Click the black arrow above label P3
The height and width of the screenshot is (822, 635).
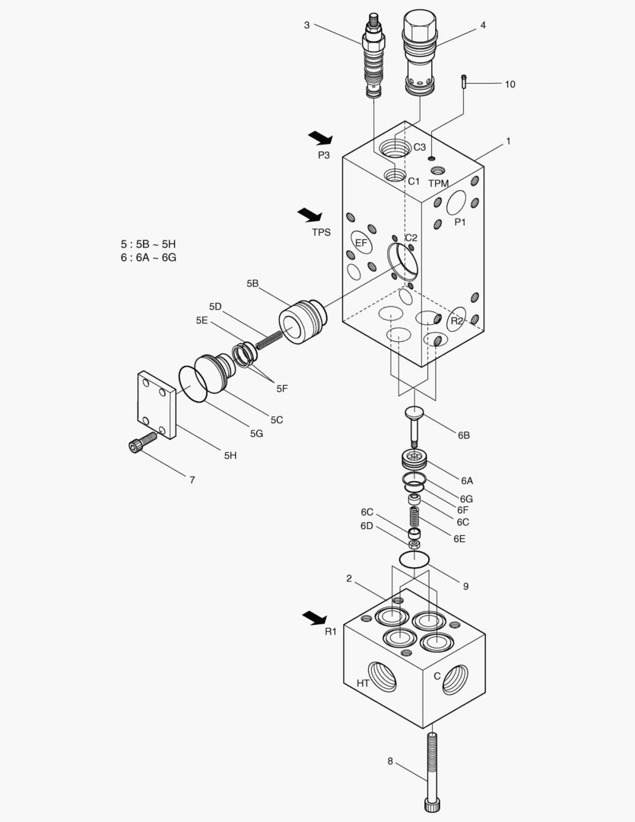click(x=320, y=138)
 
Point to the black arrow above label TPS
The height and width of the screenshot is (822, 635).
click(x=310, y=215)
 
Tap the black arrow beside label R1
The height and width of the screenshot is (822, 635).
click(x=314, y=617)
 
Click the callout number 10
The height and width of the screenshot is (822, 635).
click(x=510, y=84)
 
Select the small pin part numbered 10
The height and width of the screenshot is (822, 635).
click(x=464, y=82)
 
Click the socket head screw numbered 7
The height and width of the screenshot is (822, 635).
click(x=143, y=441)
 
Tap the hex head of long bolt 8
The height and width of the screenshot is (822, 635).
click(x=432, y=804)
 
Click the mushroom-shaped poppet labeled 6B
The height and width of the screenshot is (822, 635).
click(x=414, y=424)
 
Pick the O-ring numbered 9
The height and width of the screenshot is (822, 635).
click(x=414, y=559)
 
